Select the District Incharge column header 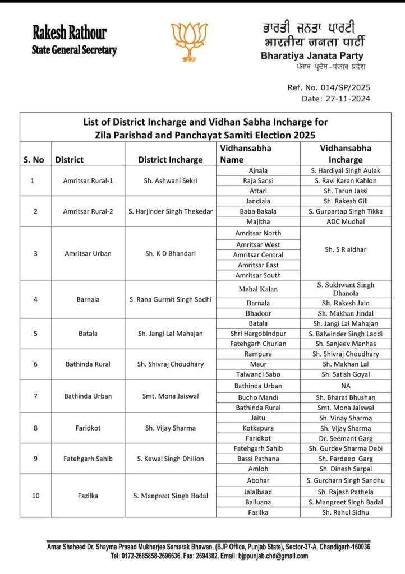click(x=171, y=160)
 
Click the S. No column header click(x=34, y=160)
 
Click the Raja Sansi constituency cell click(x=258, y=180)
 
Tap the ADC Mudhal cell click(x=346, y=221)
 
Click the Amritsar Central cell click(x=259, y=255)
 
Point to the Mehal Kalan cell click(x=258, y=289)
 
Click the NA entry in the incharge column click(x=346, y=386)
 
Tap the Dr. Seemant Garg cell click(x=346, y=438)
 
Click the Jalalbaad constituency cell click(x=258, y=492)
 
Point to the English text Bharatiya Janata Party click(x=312, y=56)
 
